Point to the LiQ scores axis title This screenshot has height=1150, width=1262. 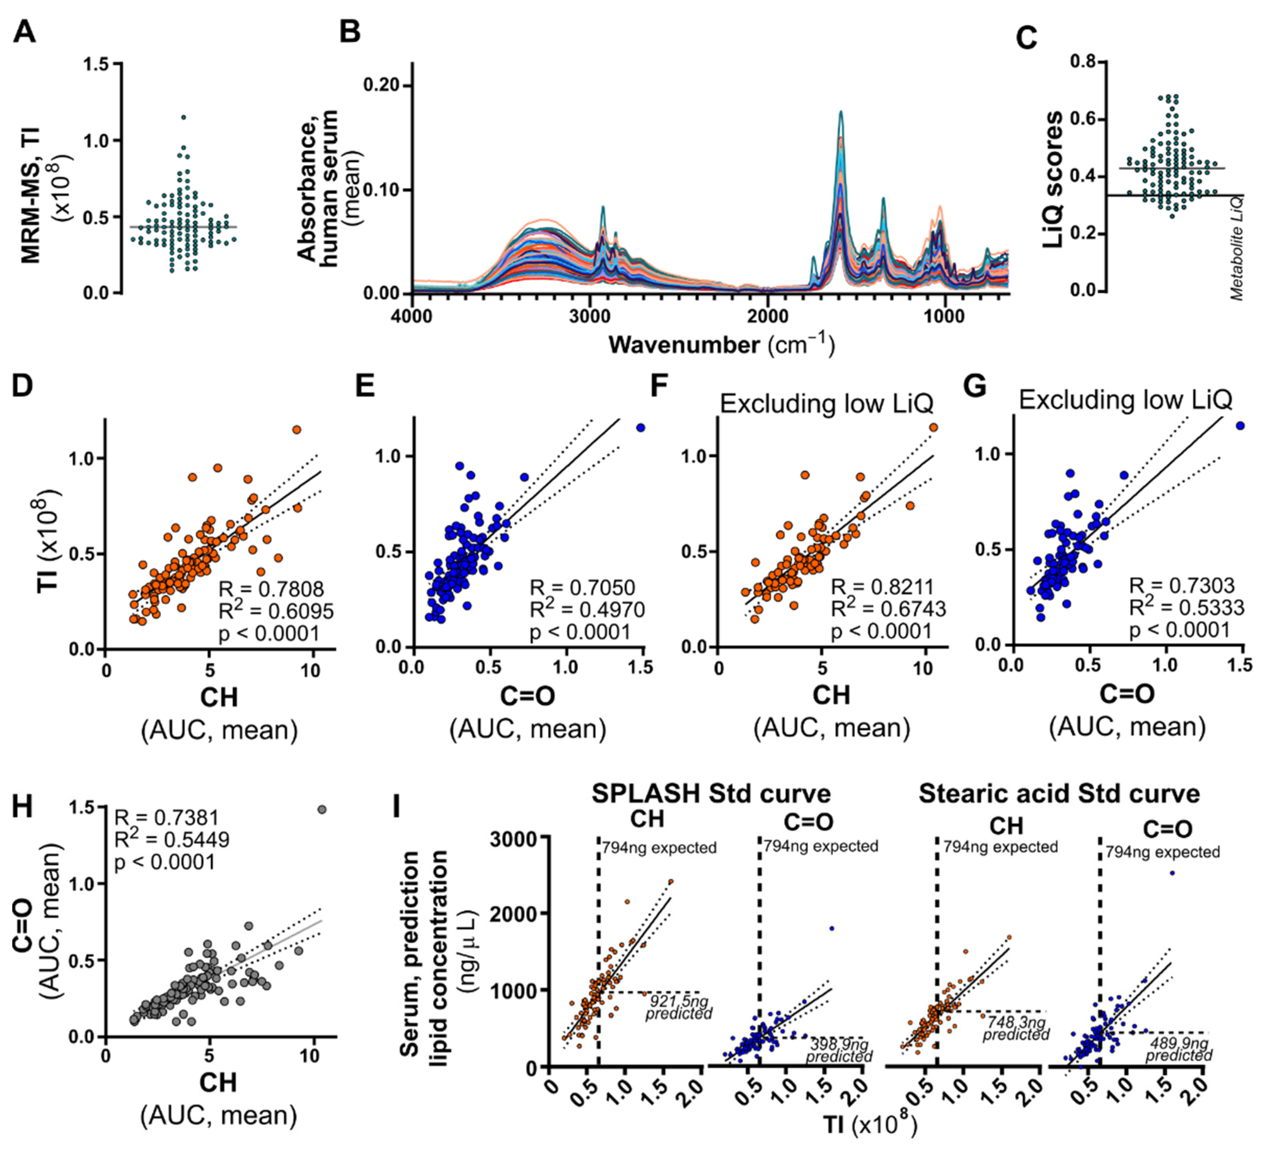pos(1054,179)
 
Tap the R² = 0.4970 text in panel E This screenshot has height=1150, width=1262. pos(587,610)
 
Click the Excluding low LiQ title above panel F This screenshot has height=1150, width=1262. pos(826,404)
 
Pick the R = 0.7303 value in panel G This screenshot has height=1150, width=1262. pos(1182,586)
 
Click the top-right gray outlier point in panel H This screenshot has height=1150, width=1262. pos(322,810)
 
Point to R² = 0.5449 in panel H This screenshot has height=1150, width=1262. pos(171,839)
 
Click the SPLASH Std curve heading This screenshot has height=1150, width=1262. pos(711,794)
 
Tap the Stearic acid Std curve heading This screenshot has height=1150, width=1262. pos(1059,794)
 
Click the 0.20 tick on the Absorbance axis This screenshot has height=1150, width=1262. pos(383,85)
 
